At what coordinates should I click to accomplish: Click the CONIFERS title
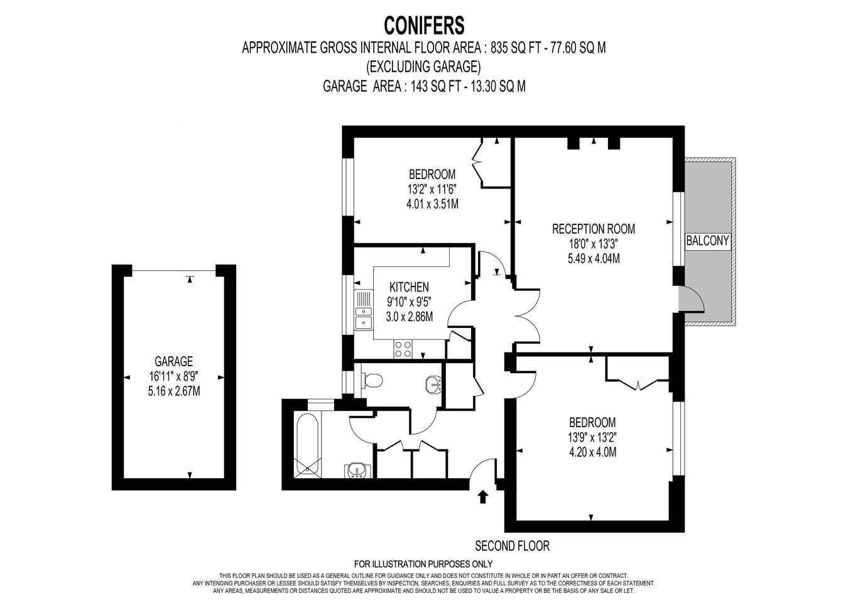(x=424, y=26)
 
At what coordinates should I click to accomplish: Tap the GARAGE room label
(x=174, y=361)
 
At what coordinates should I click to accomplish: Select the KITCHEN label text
(x=409, y=287)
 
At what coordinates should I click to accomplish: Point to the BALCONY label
(x=707, y=241)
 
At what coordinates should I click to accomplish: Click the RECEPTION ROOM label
(x=594, y=229)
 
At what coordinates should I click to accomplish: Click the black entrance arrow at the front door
(x=482, y=497)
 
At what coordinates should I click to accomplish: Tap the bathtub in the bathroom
(x=308, y=444)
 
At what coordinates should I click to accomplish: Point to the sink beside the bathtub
(x=356, y=470)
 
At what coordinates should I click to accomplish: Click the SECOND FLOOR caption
(x=512, y=546)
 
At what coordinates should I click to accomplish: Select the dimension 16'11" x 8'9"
(x=174, y=376)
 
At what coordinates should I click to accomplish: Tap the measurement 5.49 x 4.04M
(x=594, y=259)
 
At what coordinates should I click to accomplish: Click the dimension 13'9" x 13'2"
(x=592, y=437)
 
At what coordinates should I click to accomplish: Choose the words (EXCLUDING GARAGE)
(x=423, y=67)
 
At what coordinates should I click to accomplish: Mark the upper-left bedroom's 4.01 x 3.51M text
(x=432, y=204)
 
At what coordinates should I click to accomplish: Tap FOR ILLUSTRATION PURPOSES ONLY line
(x=423, y=564)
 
